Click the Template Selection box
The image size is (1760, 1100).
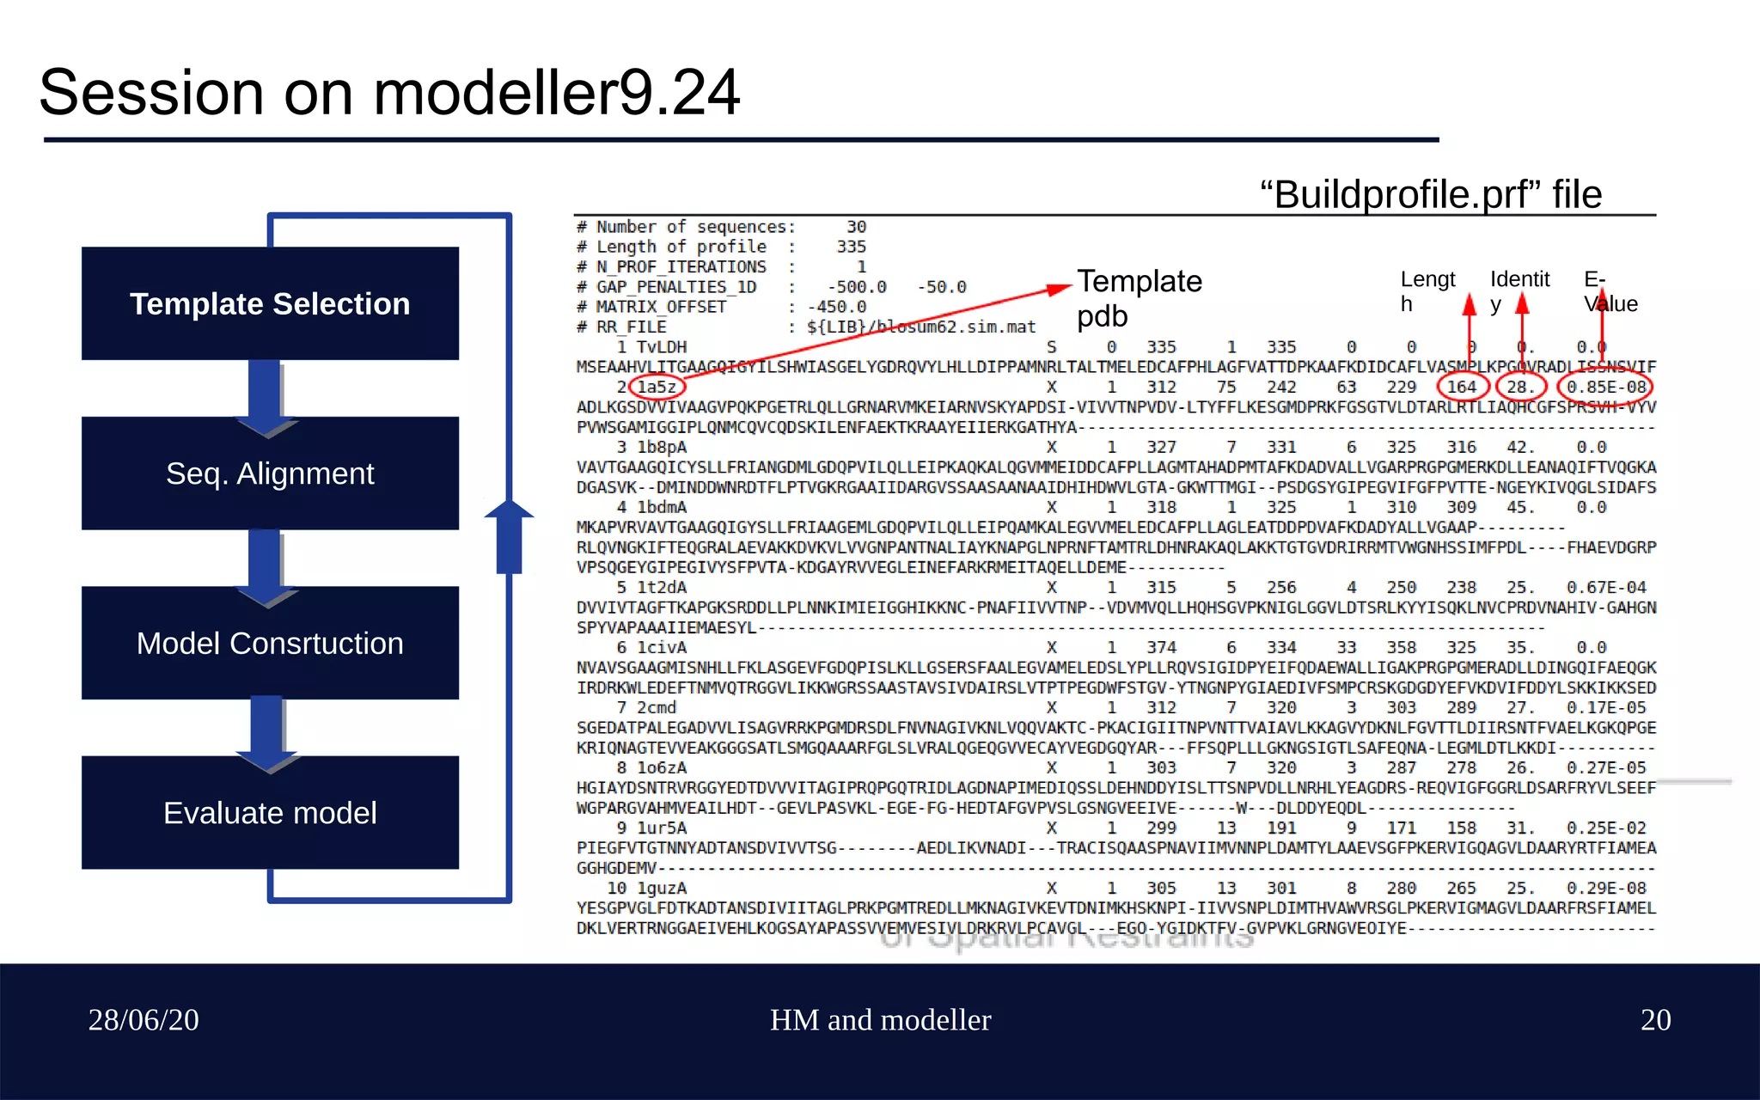[270, 303]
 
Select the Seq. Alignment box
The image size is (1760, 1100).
[270, 474]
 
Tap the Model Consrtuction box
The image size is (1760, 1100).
[270, 643]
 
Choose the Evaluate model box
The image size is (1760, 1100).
[270, 813]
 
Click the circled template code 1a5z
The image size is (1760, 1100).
[657, 387]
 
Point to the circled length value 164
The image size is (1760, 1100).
[1461, 387]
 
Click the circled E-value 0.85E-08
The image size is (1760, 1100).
[1605, 387]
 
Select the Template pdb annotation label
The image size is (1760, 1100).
[1139, 298]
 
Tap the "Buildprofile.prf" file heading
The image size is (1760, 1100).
[1430, 194]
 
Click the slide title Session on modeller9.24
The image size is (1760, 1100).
[389, 92]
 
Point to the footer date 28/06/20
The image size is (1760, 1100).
[144, 1020]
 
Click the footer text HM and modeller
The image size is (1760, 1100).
[880, 1020]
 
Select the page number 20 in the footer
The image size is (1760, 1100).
[1655, 1020]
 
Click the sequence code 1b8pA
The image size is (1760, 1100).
[661, 447]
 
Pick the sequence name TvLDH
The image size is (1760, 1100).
[661, 347]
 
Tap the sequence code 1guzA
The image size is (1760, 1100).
[661, 888]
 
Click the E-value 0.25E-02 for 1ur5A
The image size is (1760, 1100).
[1605, 828]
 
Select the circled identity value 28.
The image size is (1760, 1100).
[1519, 387]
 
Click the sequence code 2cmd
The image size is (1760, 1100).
[657, 707]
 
